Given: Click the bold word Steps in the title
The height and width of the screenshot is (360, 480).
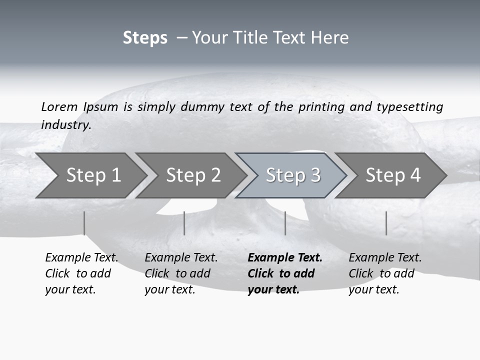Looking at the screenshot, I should [145, 38].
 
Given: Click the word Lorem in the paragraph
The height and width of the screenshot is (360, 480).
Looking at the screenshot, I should [59, 107].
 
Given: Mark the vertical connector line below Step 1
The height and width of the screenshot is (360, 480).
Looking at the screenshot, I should [84, 223].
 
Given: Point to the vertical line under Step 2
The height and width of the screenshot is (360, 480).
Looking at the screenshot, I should [184, 223].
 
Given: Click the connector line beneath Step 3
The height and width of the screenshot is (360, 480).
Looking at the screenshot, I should [285, 223].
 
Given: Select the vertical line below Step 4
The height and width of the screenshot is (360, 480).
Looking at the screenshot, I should [386, 223].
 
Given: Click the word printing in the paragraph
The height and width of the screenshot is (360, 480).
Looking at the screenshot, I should [321, 107].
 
